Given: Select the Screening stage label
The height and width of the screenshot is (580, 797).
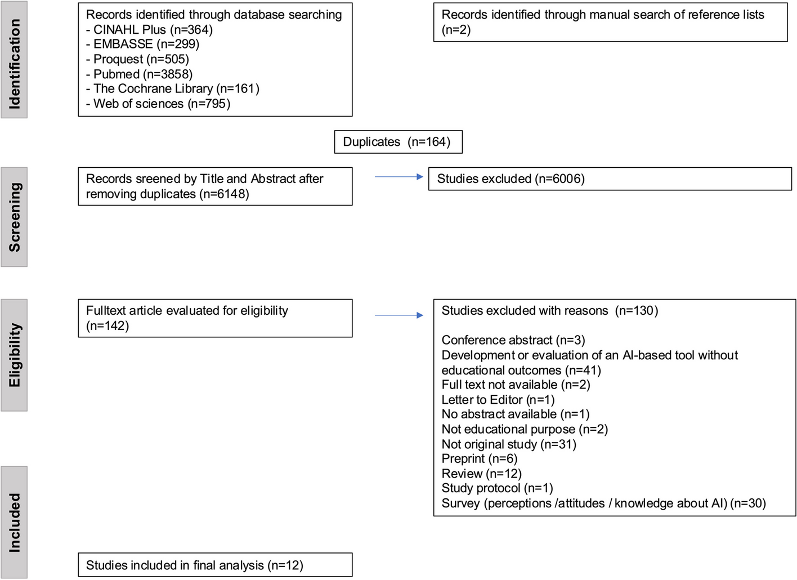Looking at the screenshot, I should point(14,217).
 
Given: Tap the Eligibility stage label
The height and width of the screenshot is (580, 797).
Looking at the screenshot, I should point(14,355).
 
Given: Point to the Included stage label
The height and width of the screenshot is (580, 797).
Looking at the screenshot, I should point(14,522).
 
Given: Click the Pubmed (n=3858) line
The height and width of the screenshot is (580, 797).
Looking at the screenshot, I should point(139,74).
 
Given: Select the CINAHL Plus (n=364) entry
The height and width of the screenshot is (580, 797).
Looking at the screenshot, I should point(149,29).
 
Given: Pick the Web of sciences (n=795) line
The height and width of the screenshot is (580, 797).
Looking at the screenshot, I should point(158,104).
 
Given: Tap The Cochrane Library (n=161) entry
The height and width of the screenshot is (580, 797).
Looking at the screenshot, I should point(172,88).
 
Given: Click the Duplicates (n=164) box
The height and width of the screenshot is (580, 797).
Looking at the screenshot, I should point(398,142).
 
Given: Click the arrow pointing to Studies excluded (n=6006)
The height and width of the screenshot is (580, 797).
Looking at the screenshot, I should point(398,177).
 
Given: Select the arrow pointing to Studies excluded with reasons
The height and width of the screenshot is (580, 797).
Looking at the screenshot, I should point(398,315).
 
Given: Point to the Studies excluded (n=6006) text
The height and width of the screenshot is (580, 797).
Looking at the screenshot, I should point(511,179).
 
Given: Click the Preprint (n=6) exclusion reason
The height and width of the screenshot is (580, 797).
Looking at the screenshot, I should point(479,458).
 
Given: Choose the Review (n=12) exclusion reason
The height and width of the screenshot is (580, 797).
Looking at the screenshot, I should point(481,474).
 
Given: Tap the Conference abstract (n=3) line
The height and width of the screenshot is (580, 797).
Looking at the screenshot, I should point(513,340).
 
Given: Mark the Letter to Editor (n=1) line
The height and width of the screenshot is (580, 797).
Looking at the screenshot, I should point(498,400).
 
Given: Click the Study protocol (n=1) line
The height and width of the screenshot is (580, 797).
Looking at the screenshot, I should point(497,488).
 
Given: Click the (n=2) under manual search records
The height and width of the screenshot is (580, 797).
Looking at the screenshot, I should point(456,30).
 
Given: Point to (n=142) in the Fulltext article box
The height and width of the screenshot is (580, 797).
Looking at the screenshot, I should point(108,325).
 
